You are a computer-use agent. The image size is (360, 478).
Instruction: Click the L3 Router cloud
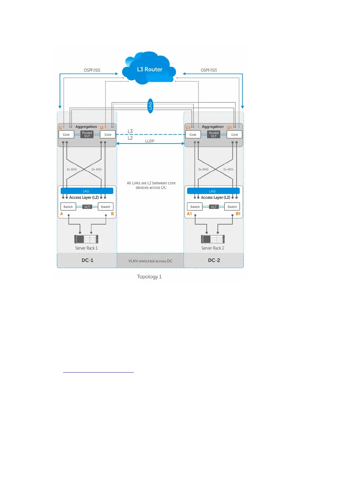pyautogui.click(x=149, y=69)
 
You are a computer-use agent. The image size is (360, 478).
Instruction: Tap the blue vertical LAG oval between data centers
pyautogui.click(x=150, y=106)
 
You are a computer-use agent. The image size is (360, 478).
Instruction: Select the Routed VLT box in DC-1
pyautogui.click(x=87, y=134)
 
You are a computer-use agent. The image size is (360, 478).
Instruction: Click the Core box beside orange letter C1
pyautogui.click(x=193, y=134)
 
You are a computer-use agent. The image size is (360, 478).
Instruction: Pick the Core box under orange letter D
pyautogui.click(x=108, y=134)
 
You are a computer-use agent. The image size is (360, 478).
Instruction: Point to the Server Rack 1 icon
pyautogui.click(x=86, y=239)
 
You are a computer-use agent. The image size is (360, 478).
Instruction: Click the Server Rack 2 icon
pyautogui.click(x=213, y=239)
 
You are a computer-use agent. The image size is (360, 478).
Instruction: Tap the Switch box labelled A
pyautogui.click(x=68, y=207)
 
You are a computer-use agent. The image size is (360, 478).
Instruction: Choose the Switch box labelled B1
pyautogui.click(x=232, y=207)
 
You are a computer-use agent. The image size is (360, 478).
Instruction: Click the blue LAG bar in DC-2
pyautogui.click(x=213, y=191)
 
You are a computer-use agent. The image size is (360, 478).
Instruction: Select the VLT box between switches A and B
pyautogui.click(x=87, y=207)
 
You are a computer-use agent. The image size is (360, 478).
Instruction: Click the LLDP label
pyautogui.click(x=150, y=141)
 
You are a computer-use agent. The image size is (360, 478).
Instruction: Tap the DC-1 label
pyautogui.click(x=87, y=260)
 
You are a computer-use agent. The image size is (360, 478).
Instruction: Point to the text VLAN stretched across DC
pyautogui.click(x=150, y=261)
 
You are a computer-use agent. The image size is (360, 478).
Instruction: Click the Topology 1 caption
pyautogui.click(x=149, y=276)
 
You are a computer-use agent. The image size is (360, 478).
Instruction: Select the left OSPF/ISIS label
pyautogui.click(x=92, y=70)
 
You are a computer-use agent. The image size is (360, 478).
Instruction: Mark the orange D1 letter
pyautogui.click(x=230, y=128)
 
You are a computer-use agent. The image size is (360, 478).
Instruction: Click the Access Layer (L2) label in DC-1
pyautogui.click(x=84, y=197)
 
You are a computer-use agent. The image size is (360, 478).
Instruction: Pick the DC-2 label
pyautogui.click(x=214, y=260)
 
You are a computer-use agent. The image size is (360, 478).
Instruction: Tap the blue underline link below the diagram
pyautogui.click(x=98, y=372)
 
